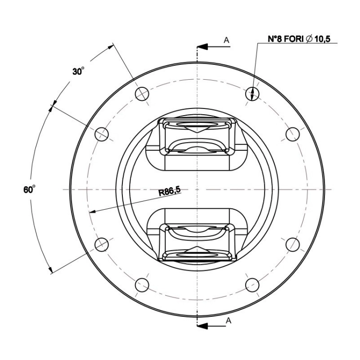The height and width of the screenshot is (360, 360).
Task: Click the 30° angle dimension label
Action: [x=78, y=71]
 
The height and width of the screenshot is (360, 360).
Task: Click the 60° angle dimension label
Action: [x=29, y=190]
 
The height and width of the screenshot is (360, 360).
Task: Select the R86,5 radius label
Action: [x=169, y=191]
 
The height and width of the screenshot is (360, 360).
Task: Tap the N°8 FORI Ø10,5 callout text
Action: [x=299, y=39]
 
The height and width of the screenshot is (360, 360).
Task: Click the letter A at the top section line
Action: [x=227, y=40]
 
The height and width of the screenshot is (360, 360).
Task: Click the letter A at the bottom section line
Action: [x=228, y=321]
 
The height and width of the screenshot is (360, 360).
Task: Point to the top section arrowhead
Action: [x=202, y=47]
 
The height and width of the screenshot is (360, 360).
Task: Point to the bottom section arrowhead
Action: [x=202, y=326]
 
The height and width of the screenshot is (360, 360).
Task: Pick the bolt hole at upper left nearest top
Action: [x=142, y=94]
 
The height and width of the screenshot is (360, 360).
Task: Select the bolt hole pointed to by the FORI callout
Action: [x=252, y=94]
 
